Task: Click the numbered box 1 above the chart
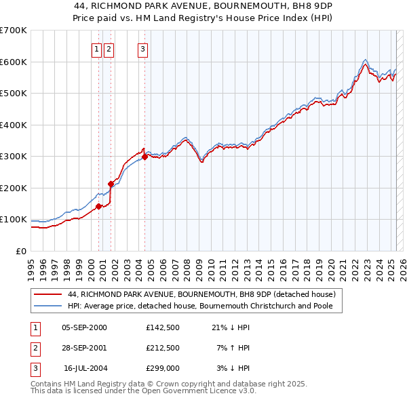click(97, 48)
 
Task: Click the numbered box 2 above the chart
click(109, 48)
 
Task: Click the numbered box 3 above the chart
click(143, 48)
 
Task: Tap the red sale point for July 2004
click(144, 157)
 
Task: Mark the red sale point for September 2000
click(98, 206)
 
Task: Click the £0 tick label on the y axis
click(22, 251)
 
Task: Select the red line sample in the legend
click(47, 294)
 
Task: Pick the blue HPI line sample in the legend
click(47, 306)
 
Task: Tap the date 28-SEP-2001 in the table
click(84, 348)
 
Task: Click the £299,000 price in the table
click(162, 367)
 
